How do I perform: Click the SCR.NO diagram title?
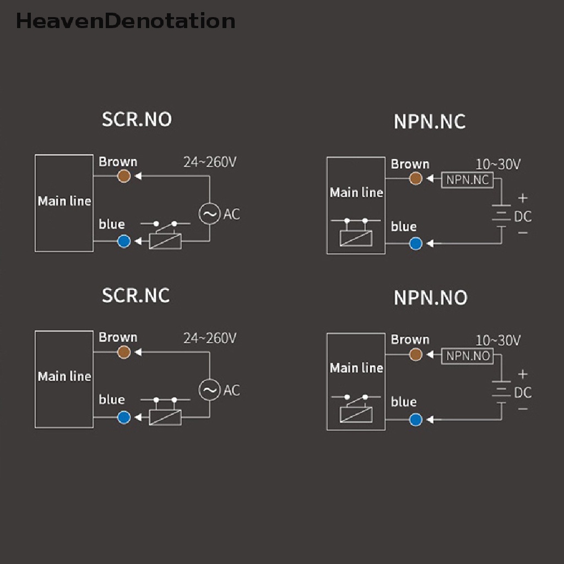tap(137, 120)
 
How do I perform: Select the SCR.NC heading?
tap(135, 295)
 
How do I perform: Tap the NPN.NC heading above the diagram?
tap(430, 122)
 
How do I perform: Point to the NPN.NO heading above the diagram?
tap(430, 297)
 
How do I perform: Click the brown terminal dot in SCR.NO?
tap(124, 176)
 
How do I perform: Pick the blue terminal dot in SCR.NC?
tap(124, 417)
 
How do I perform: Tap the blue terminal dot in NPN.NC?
tap(416, 243)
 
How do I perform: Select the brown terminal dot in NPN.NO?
tap(416, 355)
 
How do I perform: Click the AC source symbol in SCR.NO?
tap(209, 214)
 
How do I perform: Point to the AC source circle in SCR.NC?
tap(209, 390)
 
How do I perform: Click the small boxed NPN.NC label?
tap(468, 180)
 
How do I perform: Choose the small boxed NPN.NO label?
tap(468, 356)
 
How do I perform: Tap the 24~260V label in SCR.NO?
tap(210, 162)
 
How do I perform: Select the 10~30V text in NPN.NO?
tap(498, 340)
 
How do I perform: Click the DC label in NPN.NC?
tap(523, 216)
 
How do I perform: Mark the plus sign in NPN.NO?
tap(523, 375)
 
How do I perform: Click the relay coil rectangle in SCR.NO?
tap(165, 241)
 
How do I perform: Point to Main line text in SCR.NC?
tap(64, 377)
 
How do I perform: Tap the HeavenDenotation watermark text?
tap(126, 21)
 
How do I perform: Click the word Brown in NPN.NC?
tap(410, 164)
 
